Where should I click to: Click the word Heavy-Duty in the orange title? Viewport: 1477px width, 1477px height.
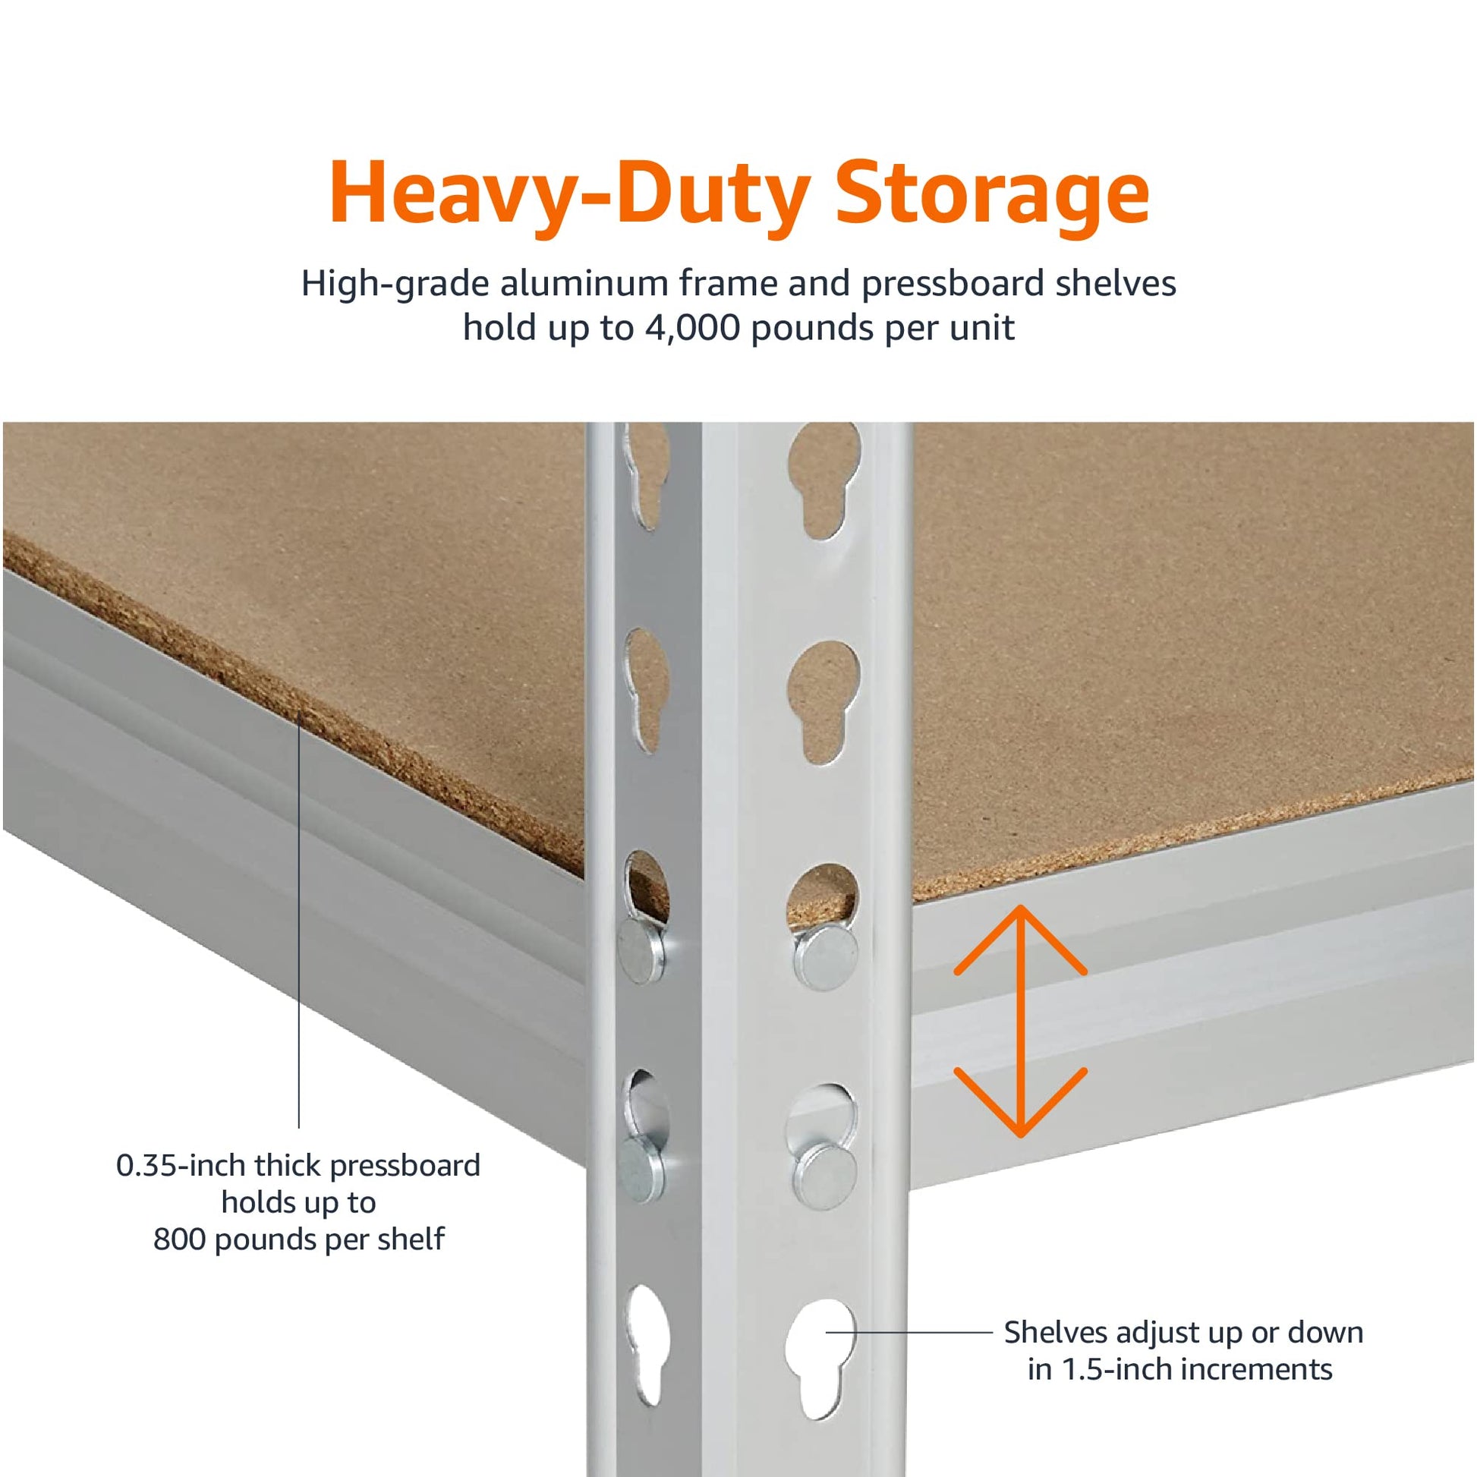(569, 194)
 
